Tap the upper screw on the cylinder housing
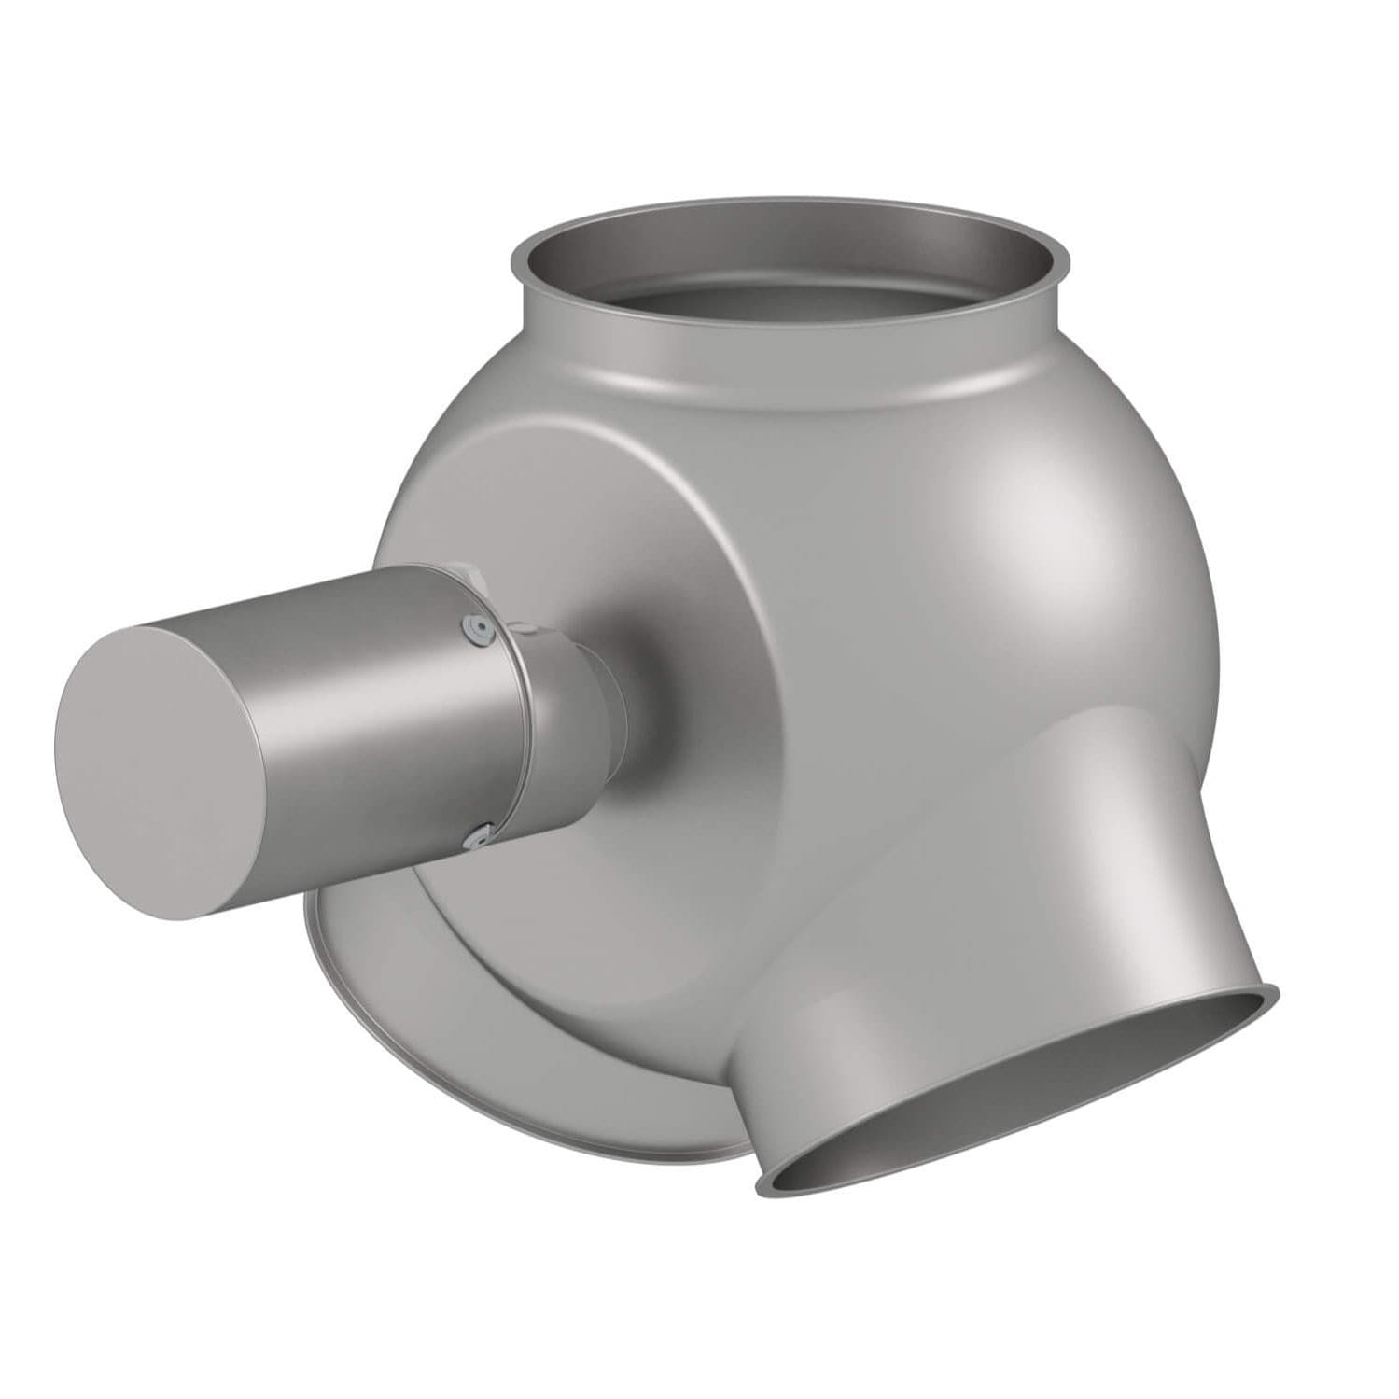tap(479, 629)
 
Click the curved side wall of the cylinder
tap(373, 691)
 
